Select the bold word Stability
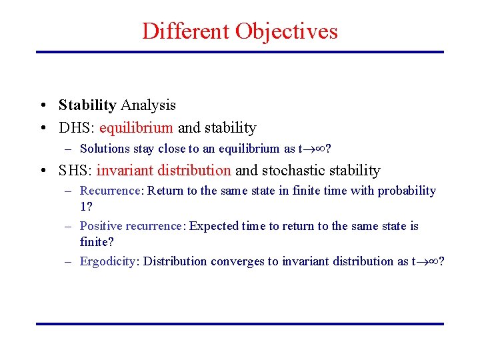87,105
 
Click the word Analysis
148,105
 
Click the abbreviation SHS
74,171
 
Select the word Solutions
102,149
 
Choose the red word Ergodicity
107,261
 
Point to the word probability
407,191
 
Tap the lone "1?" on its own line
86,207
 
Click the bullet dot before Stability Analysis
42,105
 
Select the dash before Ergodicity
69,261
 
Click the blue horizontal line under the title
239,52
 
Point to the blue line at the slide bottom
239,324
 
